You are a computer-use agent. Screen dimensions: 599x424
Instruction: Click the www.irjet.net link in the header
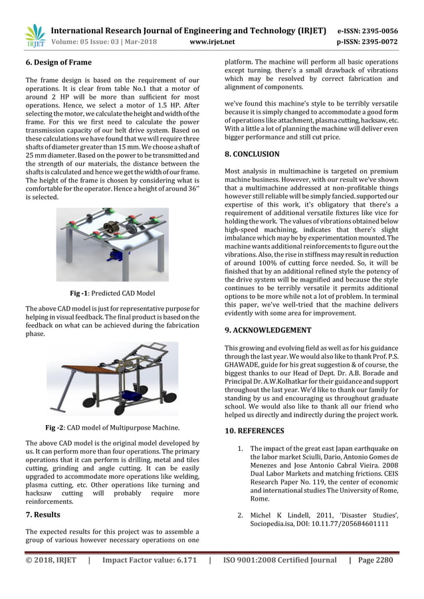click(212, 42)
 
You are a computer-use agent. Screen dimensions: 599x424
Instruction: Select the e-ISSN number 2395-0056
click(377, 31)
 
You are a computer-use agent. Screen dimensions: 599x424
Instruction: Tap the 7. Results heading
click(43, 515)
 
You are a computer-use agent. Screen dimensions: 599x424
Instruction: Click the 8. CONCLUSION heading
click(252, 154)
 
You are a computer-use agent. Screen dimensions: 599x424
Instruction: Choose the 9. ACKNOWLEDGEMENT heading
click(268, 329)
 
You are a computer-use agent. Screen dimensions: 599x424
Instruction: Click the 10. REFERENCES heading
click(255, 431)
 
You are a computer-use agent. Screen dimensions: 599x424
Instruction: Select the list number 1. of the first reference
click(241, 448)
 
